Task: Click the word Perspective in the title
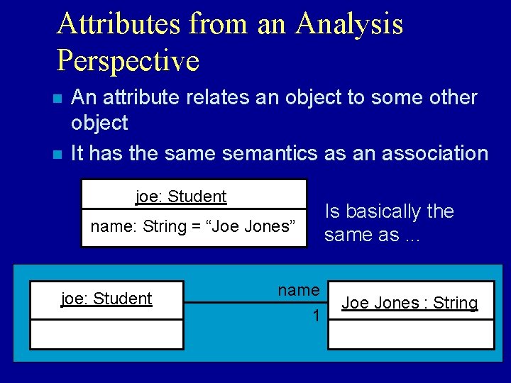point(128,60)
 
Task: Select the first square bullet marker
point(62,99)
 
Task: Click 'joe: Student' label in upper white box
point(181,196)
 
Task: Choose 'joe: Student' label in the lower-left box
point(106,299)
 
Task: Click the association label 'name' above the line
point(298,290)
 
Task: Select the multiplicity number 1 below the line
point(316,316)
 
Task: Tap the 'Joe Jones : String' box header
point(410,304)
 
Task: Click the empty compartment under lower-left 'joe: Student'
point(106,334)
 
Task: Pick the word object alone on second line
point(99,123)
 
